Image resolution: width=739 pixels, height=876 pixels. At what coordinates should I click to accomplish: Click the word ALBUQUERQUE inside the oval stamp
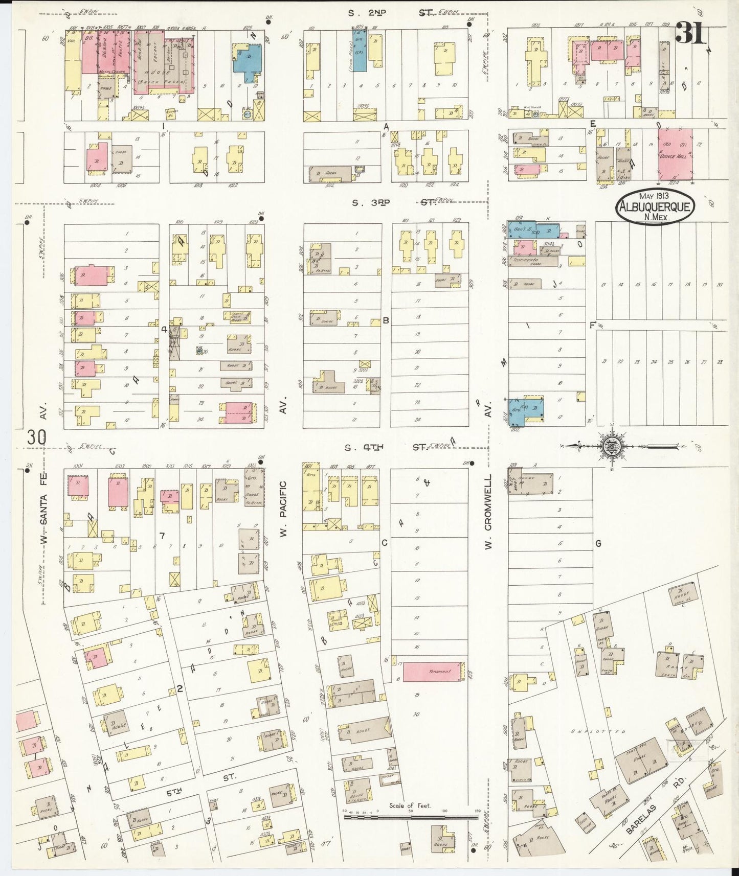655,207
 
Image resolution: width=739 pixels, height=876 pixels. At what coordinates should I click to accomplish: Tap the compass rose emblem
612,446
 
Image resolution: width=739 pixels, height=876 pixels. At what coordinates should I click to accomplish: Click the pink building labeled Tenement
434,671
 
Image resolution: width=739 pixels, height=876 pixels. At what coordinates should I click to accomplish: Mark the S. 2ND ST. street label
389,13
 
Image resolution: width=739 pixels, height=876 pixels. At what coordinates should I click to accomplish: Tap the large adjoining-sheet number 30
37,438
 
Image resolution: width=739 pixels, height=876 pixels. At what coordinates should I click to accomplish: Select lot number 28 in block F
720,362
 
